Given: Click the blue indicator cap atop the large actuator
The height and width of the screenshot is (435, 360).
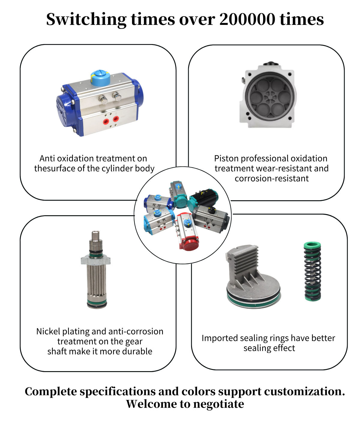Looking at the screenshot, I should coord(100,78).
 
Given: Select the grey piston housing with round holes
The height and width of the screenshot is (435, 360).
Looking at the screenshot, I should coord(269,96).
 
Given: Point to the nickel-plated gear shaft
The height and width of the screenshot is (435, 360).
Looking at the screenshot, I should coord(96,270).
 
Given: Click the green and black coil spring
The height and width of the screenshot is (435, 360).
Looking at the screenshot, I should coord(313,271).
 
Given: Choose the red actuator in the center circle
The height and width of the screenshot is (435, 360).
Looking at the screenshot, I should coord(187,231).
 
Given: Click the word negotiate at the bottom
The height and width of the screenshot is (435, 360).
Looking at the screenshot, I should coord(218,404).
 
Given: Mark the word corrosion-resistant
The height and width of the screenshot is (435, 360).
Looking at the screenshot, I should coord(271,178).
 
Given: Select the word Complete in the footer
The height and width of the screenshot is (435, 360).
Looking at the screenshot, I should coord(51,391).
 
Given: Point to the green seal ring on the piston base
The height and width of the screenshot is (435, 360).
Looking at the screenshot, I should coord(254,301).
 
